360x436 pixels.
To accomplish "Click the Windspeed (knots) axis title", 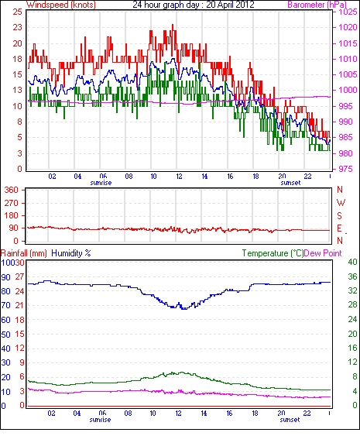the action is coord(61,5).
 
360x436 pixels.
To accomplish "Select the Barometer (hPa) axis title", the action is coord(317,5).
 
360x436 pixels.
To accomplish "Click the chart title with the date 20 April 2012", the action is coord(194,5).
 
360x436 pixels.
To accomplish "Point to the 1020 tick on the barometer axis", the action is coord(348,27).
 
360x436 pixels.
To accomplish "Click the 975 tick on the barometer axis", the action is coord(348,169).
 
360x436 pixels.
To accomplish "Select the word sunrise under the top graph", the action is coord(101,183).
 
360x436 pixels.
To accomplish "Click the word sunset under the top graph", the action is coord(290,183).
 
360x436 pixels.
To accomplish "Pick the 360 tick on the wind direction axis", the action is coord(11,191).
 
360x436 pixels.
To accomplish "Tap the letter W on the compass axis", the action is coord(341,203).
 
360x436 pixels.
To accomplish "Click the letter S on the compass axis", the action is coord(339,216).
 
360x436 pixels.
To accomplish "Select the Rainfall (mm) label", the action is coord(24,253).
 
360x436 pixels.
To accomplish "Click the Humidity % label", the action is coord(71,253).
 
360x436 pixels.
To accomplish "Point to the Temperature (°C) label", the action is coord(273,253).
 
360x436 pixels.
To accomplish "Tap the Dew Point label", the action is coord(323,253).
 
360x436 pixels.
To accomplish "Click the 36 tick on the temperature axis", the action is coord(352,276).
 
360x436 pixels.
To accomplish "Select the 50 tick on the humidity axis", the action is coord(6,335).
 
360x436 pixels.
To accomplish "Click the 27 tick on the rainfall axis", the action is coord(19,277).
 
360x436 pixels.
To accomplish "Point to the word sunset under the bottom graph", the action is coord(290,420).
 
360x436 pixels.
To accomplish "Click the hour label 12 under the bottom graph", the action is coord(178,414).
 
